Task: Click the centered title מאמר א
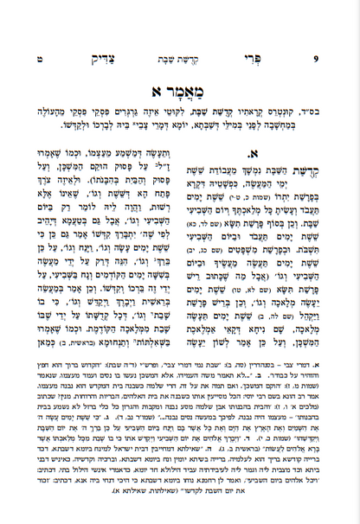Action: tap(181, 89)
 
